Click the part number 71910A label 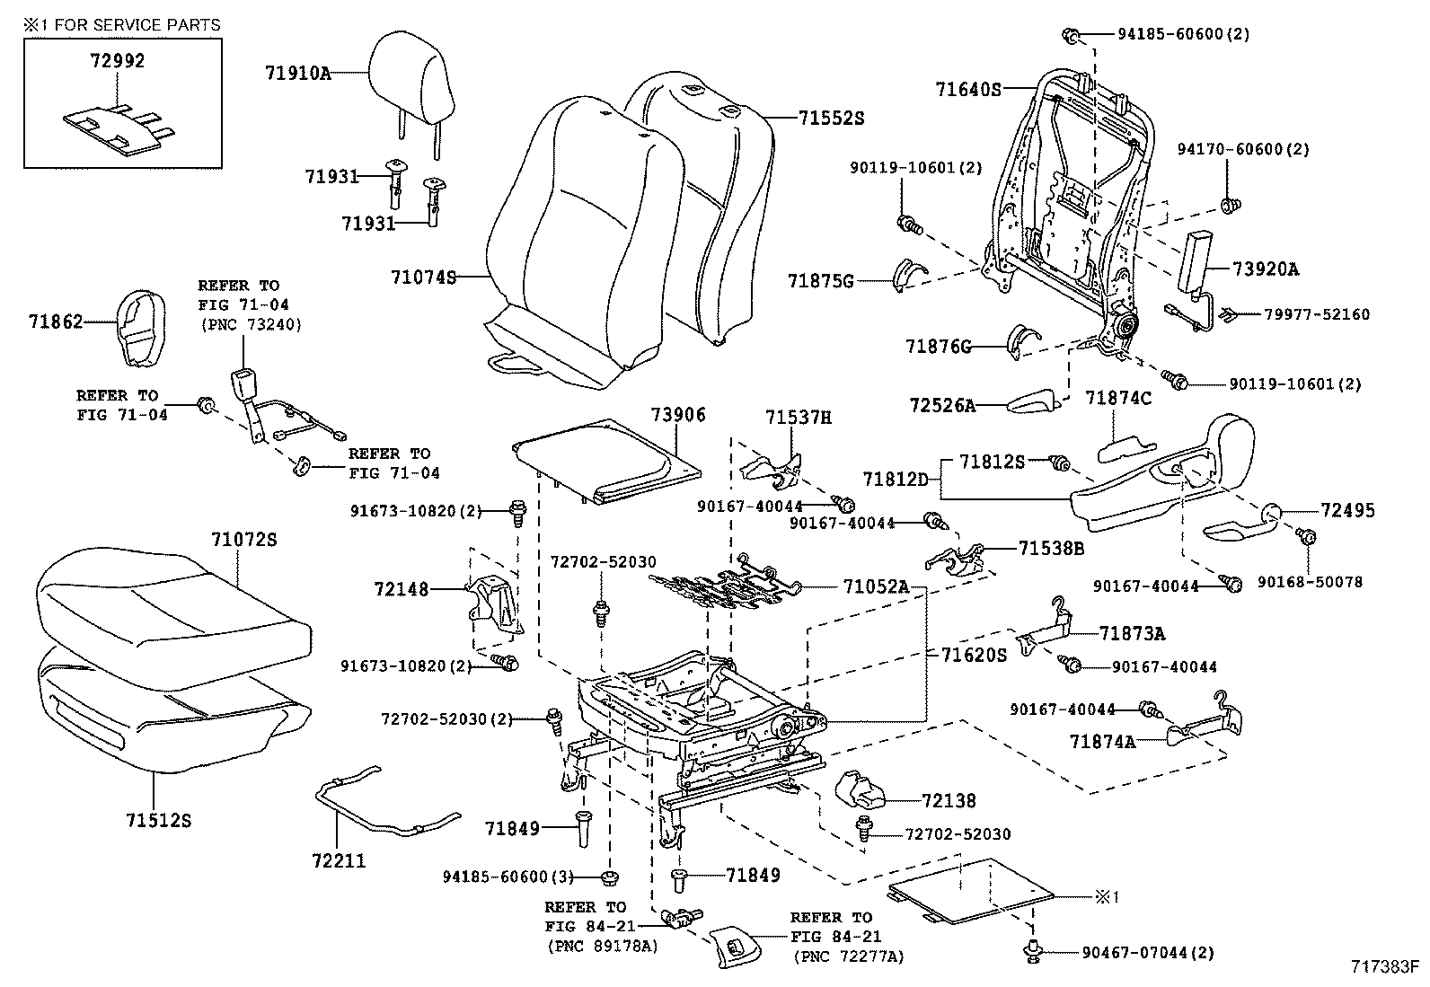click(x=297, y=73)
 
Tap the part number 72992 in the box click(x=117, y=61)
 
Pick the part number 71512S click(x=159, y=820)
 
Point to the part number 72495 click(x=1347, y=510)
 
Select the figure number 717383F click(x=1384, y=967)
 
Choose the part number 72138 click(x=949, y=800)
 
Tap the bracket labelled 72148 click(x=492, y=606)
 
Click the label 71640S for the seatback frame click(x=967, y=89)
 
